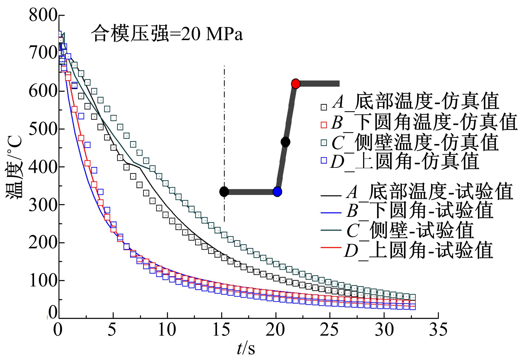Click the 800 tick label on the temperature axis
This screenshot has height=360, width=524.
coord(42,16)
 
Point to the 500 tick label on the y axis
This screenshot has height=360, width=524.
coord(42,129)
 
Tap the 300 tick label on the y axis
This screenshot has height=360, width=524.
coord(42,205)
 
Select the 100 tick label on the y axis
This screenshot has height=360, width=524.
coord(42,281)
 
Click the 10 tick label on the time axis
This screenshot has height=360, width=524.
coord(167,330)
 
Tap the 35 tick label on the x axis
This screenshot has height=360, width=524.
coord(438,330)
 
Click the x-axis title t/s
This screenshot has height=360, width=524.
coord(246,348)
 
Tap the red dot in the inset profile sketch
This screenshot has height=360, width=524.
coord(296,84)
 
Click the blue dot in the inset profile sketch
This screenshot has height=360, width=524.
coord(277,191)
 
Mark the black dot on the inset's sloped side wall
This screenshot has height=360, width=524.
coord(285,142)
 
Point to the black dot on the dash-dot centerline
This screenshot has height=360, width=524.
coord(224,191)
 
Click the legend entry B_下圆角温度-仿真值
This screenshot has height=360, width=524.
coord(423,122)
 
